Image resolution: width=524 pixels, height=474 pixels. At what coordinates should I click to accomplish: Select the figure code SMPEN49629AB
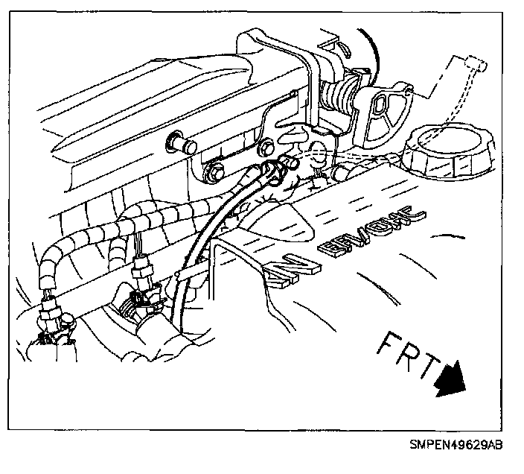click(456, 446)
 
